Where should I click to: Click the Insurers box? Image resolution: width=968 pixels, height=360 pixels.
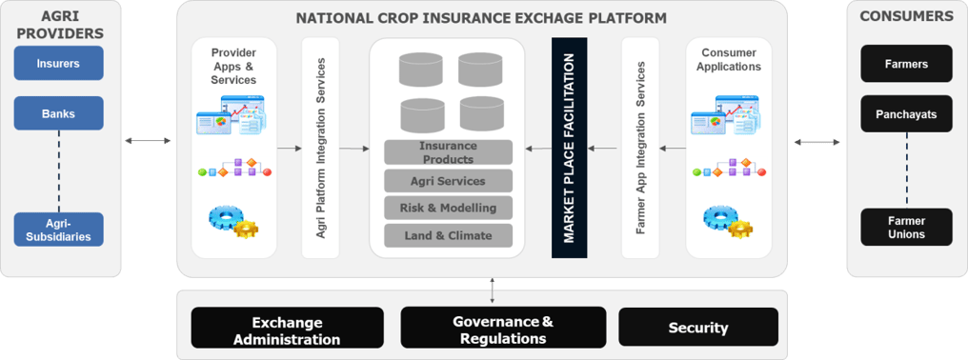(58, 64)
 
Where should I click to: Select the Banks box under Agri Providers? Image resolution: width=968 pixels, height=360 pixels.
(58, 113)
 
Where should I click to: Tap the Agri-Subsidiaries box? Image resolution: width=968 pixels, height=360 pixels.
(58, 230)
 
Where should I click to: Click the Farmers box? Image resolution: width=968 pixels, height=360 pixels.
(905, 64)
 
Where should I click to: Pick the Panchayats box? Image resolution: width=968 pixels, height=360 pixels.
(905, 113)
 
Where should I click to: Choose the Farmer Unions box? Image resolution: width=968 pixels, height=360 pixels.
(905, 228)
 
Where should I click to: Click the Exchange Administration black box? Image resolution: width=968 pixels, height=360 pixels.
(287, 328)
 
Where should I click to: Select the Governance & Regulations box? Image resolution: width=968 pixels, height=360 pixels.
(502, 328)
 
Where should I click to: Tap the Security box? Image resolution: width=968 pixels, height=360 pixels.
(697, 328)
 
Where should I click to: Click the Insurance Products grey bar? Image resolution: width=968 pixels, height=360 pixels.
(448, 152)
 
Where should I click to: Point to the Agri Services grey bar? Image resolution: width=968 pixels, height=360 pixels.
(448, 181)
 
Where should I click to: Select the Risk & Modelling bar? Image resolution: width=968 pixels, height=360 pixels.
(448, 208)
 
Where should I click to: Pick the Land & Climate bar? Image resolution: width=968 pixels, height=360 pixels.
(448, 235)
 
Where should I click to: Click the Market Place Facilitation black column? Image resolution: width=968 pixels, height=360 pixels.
(569, 149)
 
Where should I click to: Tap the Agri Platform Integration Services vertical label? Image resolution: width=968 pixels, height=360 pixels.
(321, 149)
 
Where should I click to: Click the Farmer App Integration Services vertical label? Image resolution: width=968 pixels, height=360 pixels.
(640, 149)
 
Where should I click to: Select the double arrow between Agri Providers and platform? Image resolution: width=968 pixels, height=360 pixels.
(149, 141)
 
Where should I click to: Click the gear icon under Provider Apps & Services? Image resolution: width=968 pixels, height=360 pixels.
(232, 220)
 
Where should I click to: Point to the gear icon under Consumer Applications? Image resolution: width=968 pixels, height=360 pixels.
(726, 220)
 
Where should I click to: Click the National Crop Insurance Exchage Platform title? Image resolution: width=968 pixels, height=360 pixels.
(481, 18)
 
